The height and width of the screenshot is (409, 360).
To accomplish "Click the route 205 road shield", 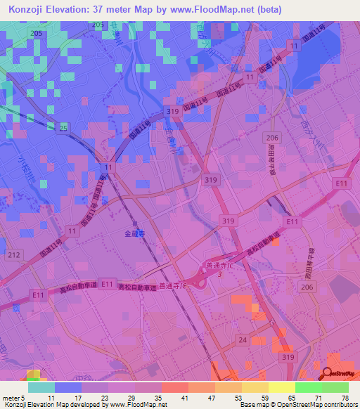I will [37, 34].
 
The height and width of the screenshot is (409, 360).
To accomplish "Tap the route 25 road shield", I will [64, 127].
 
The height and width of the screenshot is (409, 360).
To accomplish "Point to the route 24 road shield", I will [243, 339].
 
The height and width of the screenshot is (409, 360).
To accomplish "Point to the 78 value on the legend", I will [345, 398].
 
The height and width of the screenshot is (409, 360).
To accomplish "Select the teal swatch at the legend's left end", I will [41, 387].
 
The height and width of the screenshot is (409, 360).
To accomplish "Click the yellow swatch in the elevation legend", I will [281, 387].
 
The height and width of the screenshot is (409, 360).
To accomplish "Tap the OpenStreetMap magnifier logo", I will [327, 372].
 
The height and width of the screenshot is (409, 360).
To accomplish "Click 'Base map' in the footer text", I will [253, 405].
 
